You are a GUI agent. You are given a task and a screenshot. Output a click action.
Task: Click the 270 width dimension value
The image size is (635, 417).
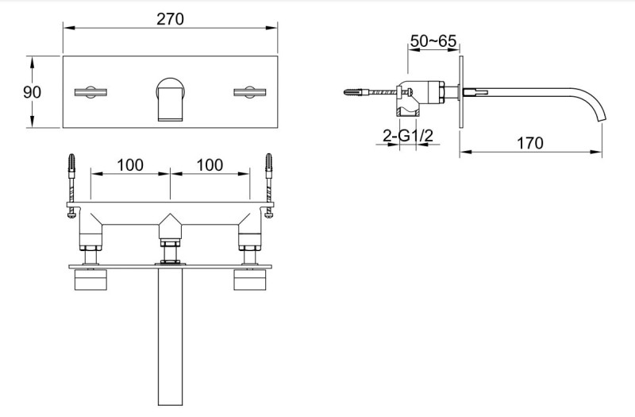[x=170, y=18]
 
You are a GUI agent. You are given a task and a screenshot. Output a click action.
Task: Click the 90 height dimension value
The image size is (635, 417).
[x=32, y=91]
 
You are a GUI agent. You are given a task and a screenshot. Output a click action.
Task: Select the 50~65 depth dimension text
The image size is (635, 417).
[x=433, y=39]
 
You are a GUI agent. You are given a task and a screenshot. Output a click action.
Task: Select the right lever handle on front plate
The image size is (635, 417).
[x=252, y=93]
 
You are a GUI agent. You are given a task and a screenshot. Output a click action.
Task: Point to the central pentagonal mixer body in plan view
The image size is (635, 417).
[x=170, y=226]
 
